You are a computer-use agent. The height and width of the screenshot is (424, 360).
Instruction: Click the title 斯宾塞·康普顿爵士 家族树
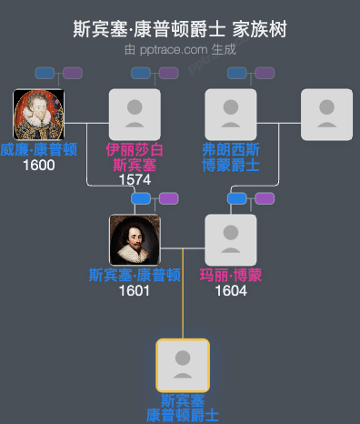tap(180, 30)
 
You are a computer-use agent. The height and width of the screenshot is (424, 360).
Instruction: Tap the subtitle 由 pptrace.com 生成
tap(180, 50)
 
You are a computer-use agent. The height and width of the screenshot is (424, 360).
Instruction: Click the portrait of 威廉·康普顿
tap(39, 115)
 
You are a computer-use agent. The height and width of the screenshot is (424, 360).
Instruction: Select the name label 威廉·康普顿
tap(39, 149)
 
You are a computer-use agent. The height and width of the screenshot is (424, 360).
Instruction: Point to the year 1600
tap(39, 165)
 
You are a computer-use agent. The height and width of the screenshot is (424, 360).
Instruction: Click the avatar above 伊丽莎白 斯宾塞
tap(135, 115)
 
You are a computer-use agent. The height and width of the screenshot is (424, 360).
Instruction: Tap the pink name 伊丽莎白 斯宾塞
tap(135, 156)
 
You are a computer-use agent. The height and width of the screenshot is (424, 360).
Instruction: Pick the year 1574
tap(135, 179)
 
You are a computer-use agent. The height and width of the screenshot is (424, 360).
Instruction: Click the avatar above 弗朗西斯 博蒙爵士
tap(231, 115)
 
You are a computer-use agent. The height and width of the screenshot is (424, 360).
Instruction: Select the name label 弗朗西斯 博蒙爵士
tap(231, 156)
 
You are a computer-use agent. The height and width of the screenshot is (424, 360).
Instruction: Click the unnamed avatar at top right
tap(326, 115)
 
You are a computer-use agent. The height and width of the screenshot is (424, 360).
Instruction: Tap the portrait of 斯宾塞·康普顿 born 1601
tap(135, 240)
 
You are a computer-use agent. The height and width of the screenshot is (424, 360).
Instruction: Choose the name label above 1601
tap(135, 275)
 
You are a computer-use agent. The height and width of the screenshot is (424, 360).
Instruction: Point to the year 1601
tap(135, 290)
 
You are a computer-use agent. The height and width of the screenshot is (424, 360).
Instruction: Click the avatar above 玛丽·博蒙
tap(231, 240)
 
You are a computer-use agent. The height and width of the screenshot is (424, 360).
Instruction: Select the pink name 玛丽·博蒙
tap(231, 275)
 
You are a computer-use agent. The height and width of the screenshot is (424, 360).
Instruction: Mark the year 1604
tap(231, 290)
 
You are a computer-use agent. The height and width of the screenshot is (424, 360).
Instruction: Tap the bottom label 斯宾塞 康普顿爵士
tap(183, 408)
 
